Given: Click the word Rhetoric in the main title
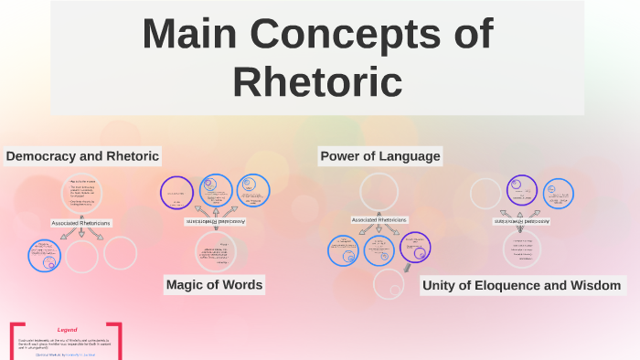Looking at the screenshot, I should pyautogui.click(x=317, y=81).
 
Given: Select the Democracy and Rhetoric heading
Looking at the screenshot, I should pyautogui.click(x=82, y=156).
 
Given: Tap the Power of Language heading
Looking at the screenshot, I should pyautogui.click(x=379, y=156).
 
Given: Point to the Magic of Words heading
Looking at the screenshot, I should pyautogui.click(x=214, y=285).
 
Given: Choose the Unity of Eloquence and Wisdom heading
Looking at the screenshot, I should pyautogui.click(x=521, y=286).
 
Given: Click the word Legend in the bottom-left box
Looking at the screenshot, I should pyautogui.click(x=67, y=330).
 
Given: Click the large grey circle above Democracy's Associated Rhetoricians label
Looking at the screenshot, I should pyautogui.click(x=81, y=193).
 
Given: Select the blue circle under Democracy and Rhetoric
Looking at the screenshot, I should pyautogui.click(x=44, y=255).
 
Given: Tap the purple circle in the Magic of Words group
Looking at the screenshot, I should pyautogui.click(x=176, y=193).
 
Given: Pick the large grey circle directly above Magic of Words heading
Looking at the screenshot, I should pyautogui.click(x=216, y=251).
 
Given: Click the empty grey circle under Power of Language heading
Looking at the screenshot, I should pyautogui.click(x=379, y=192).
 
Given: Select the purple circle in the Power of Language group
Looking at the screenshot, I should pyautogui.click(x=415, y=247).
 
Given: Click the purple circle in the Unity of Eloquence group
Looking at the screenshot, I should pyautogui.click(x=522, y=190).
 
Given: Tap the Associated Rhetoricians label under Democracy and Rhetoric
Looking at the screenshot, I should pyautogui.click(x=81, y=223).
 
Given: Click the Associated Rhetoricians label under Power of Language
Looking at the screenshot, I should pyautogui.click(x=379, y=220).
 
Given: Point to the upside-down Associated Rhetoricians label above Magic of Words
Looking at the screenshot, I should pyautogui.click(x=216, y=221).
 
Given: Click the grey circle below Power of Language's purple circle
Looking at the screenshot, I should pyautogui.click(x=389, y=284).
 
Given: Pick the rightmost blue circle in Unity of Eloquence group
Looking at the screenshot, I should pyautogui.click(x=558, y=193).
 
